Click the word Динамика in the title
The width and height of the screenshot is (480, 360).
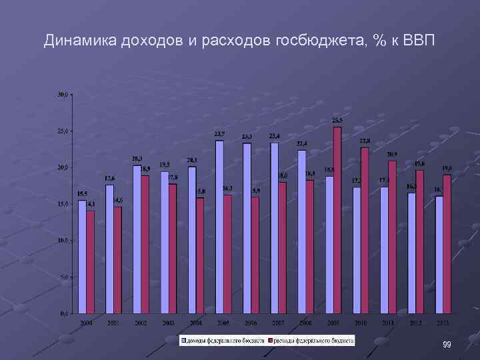pos(81,41)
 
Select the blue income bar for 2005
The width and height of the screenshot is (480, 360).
pos(219,227)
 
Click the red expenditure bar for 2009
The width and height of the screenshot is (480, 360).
pos(337,220)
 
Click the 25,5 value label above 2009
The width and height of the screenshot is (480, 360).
pos(337,121)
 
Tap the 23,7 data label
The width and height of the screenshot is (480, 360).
pos(219,134)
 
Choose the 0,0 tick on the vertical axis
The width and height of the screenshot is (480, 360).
pos(63,313)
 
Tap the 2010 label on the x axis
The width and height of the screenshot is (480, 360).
pos(361,323)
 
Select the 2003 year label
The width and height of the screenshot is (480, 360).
pos(169,323)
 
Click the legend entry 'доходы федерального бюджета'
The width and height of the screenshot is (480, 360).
pos(223,340)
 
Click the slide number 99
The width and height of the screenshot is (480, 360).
pos(447,344)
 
